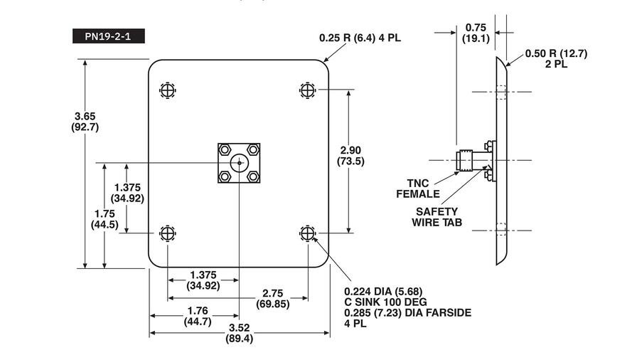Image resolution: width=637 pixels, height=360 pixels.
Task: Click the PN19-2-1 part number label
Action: point(109,36)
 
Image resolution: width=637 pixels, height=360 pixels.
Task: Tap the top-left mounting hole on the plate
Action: point(167,90)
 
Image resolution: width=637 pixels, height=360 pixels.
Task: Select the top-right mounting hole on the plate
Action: point(307,90)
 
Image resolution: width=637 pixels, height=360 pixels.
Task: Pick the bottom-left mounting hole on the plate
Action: point(167,233)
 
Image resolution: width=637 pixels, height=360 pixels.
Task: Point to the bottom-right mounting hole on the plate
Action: point(307,233)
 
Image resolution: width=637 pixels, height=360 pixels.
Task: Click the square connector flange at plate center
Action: point(239,163)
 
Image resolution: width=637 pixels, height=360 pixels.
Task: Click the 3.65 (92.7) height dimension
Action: point(85,122)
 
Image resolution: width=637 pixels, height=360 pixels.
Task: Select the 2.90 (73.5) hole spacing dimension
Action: point(350,156)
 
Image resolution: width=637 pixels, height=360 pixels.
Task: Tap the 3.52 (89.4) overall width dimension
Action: point(239,333)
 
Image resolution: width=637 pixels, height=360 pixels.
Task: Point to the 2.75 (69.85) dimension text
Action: point(273,299)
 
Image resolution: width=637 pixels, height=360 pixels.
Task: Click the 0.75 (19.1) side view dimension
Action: point(476,33)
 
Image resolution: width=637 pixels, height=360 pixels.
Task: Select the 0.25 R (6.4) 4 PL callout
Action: point(360,38)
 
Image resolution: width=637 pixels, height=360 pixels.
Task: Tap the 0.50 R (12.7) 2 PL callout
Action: point(557,58)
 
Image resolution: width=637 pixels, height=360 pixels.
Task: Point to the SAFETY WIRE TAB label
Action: point(437,217)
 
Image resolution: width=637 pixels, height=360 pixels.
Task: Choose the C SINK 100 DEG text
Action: point(385,302)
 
